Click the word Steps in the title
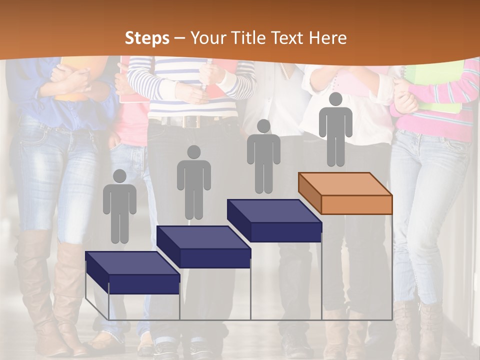[x=147, y=38]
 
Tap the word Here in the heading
[x=327, y=38]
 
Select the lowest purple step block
[x=132, y=272]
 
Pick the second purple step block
[x=204, y=246]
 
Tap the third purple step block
[x=274, y=220]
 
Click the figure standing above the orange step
[x=335, y=130]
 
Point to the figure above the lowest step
[x=119, y=207]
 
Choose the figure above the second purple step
[x=193, y=183]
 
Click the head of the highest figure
[x=335, y=99]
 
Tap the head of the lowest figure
[x=119, y=176]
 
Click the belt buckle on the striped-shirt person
[x=190, y=121]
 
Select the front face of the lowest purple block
[x=144, y=284]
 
